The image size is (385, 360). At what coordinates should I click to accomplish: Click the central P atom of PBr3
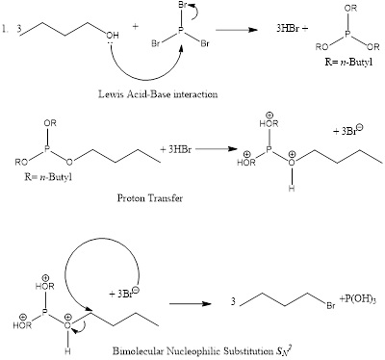point(175,39)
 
